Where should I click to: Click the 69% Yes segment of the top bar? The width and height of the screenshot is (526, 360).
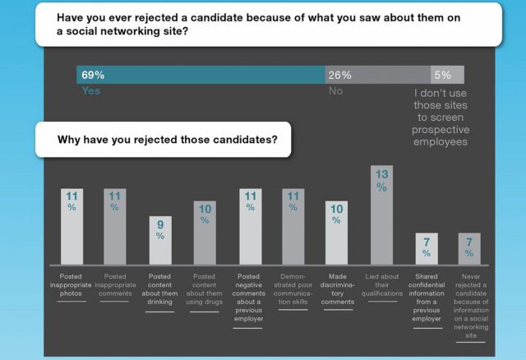[x=201, y=75]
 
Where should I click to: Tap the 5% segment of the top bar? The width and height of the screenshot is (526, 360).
[x=447, y=75]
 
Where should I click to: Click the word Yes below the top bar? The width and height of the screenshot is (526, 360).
[x=90, y=91]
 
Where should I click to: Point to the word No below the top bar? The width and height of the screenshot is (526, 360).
[x=335, y=91]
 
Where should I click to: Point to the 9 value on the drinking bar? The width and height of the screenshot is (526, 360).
[x=160, y=224]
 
